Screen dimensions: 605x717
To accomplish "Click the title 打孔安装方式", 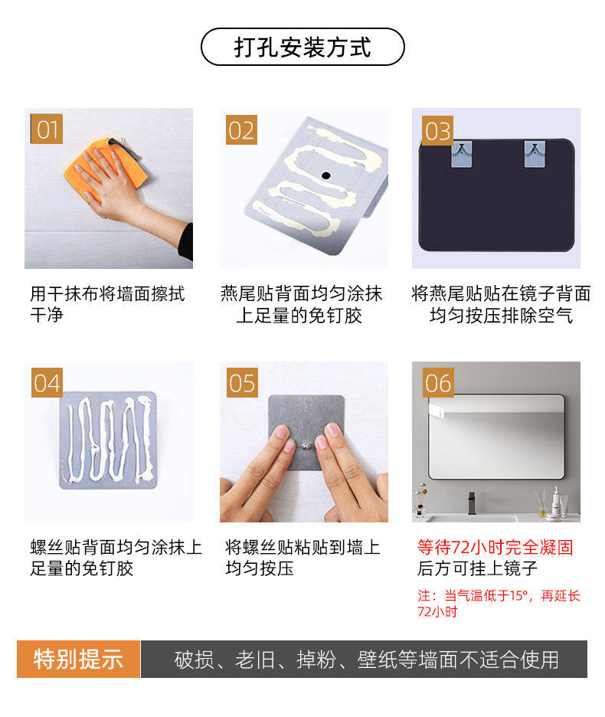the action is click(302, 47).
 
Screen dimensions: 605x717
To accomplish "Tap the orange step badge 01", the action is click(46, 129).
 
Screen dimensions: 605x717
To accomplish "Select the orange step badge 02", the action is click(241, 130).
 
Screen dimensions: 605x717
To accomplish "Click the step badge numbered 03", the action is click(437, 131).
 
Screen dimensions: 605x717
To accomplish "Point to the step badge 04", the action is click(47, 383).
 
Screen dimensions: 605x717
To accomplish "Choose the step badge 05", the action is click(242, 383).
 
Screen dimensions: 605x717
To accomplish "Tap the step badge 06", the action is click(438, 383).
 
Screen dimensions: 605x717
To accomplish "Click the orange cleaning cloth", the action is click(105, 167).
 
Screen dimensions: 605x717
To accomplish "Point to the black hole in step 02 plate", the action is click(325, 175).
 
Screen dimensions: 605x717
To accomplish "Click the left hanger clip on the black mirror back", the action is click(462, 154).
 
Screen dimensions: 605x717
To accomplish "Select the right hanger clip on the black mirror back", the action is click(534, 154).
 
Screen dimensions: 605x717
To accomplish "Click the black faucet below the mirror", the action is click(472, 503).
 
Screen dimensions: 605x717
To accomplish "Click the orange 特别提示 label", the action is click(78, 659).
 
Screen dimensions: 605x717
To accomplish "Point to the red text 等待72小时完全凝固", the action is click(495, 547).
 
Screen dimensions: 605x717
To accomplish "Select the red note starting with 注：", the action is click(499, 603).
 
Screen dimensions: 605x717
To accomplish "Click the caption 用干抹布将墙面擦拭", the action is click(107, 293).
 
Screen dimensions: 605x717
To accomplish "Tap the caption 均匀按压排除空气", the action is click(501, 316).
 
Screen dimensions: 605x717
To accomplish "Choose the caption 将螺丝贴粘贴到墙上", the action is click(302, 547).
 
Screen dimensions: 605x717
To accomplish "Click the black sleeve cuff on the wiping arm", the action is click(185, 242).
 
